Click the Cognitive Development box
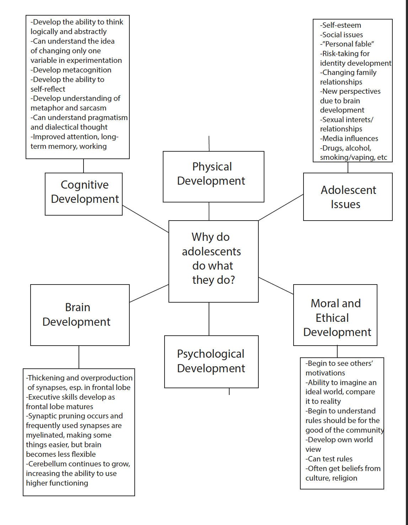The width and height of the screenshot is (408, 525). (x=84, y=194)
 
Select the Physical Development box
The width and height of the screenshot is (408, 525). (x=213, y=176)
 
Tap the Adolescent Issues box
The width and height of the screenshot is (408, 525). (x=348, y=196)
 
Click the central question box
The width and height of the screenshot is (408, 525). (x=213, y=261)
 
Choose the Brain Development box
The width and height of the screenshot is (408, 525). (x=80, y=314)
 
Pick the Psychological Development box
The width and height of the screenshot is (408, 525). (x=211, y=361)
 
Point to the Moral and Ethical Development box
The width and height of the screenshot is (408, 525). (x=335, y=315)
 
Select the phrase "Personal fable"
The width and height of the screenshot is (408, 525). (x=348, y=44)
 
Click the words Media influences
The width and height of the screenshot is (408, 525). (x=350, y=139)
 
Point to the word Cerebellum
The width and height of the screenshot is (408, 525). (x=47, y=464)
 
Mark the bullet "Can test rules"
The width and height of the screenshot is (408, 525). (x=330, y=459)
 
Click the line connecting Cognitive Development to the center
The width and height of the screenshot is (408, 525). (x=145, y=219)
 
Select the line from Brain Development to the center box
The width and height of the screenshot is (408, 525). (x=149, y=293)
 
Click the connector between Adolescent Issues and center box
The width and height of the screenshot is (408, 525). (x=281, y=207)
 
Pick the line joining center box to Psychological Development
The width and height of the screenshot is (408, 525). (x=209, y=319)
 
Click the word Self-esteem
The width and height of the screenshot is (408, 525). (x=341, y=25)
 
